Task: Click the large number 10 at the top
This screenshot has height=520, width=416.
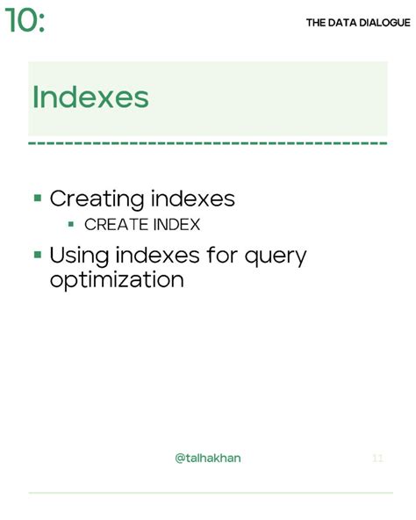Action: [x=20, y=20]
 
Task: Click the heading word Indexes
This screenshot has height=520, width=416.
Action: [x=90, y=97]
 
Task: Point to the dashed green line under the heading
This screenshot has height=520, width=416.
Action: [x=208, y=141]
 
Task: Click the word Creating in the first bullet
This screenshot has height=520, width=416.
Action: [x=97, y=199]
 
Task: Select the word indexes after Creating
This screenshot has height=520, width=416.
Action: [x=193, y=199]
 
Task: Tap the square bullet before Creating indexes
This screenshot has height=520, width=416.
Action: [x=38, y=198]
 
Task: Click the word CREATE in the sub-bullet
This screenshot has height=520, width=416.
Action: [x=115, y=225]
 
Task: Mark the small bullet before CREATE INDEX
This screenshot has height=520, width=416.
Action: [x=71, y=224]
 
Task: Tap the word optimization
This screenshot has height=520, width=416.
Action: [x=117, y=280]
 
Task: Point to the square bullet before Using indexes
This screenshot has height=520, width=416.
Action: [x=38, y=255]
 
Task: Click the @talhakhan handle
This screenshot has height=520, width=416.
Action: [x=208, y=459]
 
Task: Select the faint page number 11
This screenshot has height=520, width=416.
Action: [x=378, y=459]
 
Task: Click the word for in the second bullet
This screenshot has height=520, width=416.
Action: [x=218, y=256]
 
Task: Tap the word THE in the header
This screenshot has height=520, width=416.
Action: [x=316, y=23]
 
